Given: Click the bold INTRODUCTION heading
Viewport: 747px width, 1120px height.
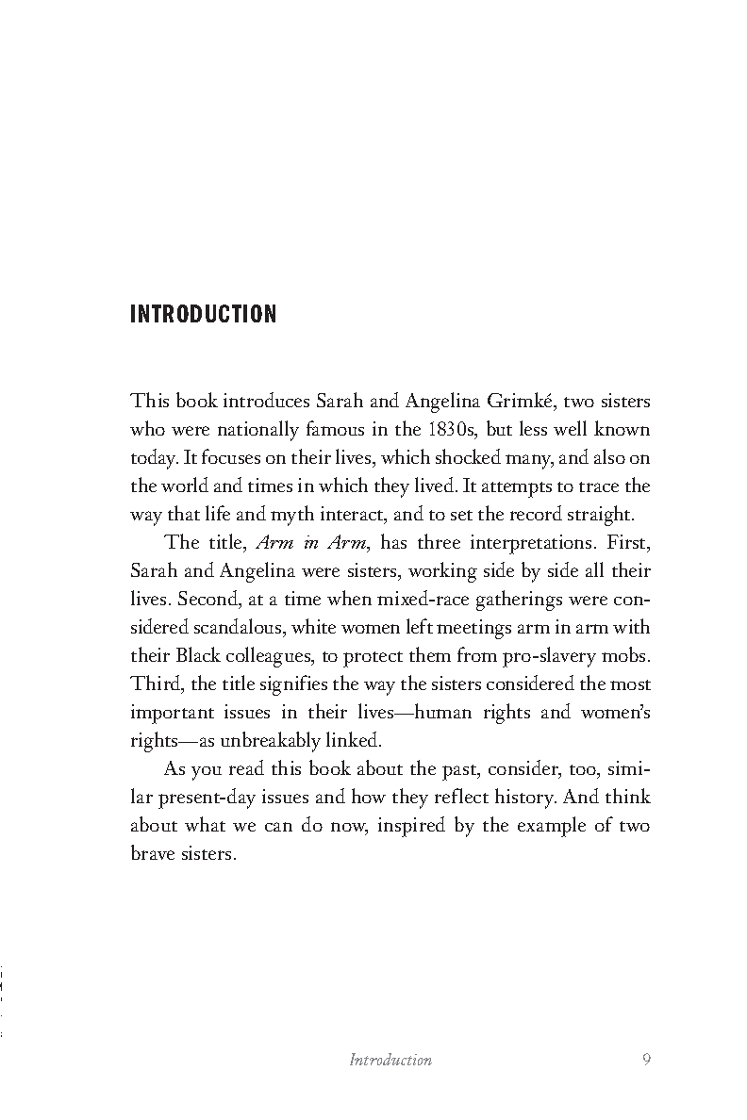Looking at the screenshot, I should [203, 314].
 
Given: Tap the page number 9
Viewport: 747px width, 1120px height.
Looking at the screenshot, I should [646, 1059].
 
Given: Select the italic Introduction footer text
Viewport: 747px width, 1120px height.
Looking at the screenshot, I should [390, 1060].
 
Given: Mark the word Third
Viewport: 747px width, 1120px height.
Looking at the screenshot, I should [152, 684].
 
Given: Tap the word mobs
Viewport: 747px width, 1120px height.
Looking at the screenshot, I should [627, 655].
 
